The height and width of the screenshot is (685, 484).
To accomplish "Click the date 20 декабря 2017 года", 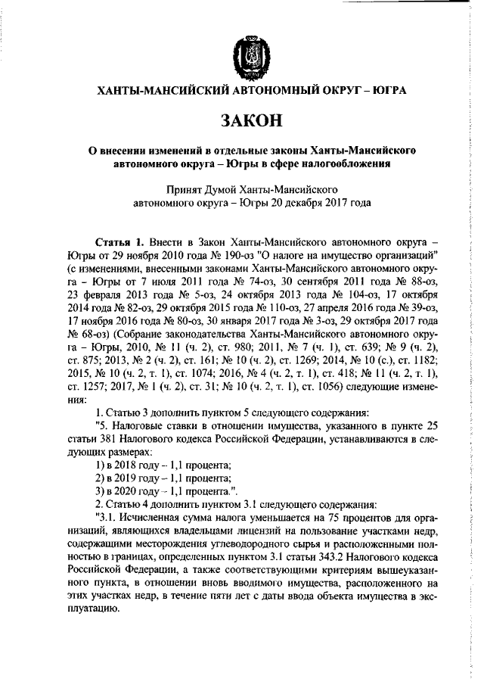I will pos(318,202).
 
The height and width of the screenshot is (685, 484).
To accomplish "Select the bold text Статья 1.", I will pos(119,241).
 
